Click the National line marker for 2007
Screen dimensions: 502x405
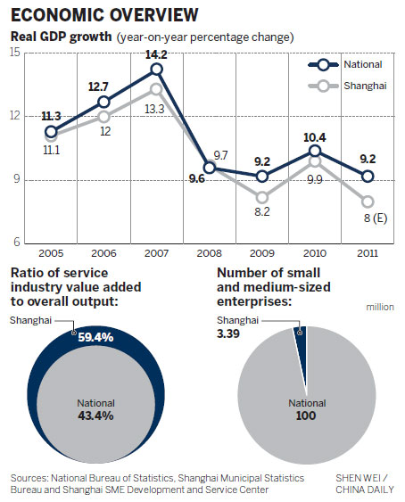(156, 69)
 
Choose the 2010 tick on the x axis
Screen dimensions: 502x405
(313, 254)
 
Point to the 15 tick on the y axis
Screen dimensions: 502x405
(15, 53)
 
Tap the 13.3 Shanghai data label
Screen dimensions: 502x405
(158, 110)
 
